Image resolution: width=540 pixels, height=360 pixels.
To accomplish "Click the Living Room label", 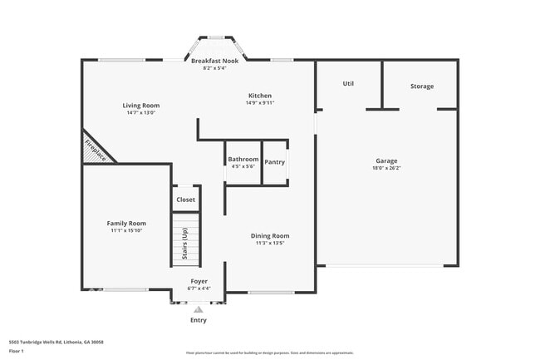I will point(141,106).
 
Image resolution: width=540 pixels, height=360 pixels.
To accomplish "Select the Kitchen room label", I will point(259,96).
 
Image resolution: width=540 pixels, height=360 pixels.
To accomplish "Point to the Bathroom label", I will point(243,159).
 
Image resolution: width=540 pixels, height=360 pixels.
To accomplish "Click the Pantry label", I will point(275,162).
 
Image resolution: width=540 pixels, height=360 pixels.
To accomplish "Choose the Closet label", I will point(185,200).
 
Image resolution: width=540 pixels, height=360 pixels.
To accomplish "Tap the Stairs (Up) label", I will point(184,243).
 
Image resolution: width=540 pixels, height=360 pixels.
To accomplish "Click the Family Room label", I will point(126,223).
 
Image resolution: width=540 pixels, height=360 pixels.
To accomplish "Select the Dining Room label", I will point(270,236).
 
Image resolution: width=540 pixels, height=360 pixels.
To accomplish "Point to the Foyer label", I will point(199,281).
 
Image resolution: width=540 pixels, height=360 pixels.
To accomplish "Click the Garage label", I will point(386,160).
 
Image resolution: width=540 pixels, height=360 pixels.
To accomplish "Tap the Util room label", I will point(349,84).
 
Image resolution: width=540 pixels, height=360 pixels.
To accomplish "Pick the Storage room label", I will point(421,86).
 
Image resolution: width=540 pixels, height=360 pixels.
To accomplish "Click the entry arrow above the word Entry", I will point(199,308).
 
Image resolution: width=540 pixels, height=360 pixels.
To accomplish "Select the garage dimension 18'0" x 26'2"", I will point(386,168).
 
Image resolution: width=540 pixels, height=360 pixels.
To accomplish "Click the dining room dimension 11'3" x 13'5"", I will point(270,244).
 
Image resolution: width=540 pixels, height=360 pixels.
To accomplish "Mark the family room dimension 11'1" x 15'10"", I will point(126,230).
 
